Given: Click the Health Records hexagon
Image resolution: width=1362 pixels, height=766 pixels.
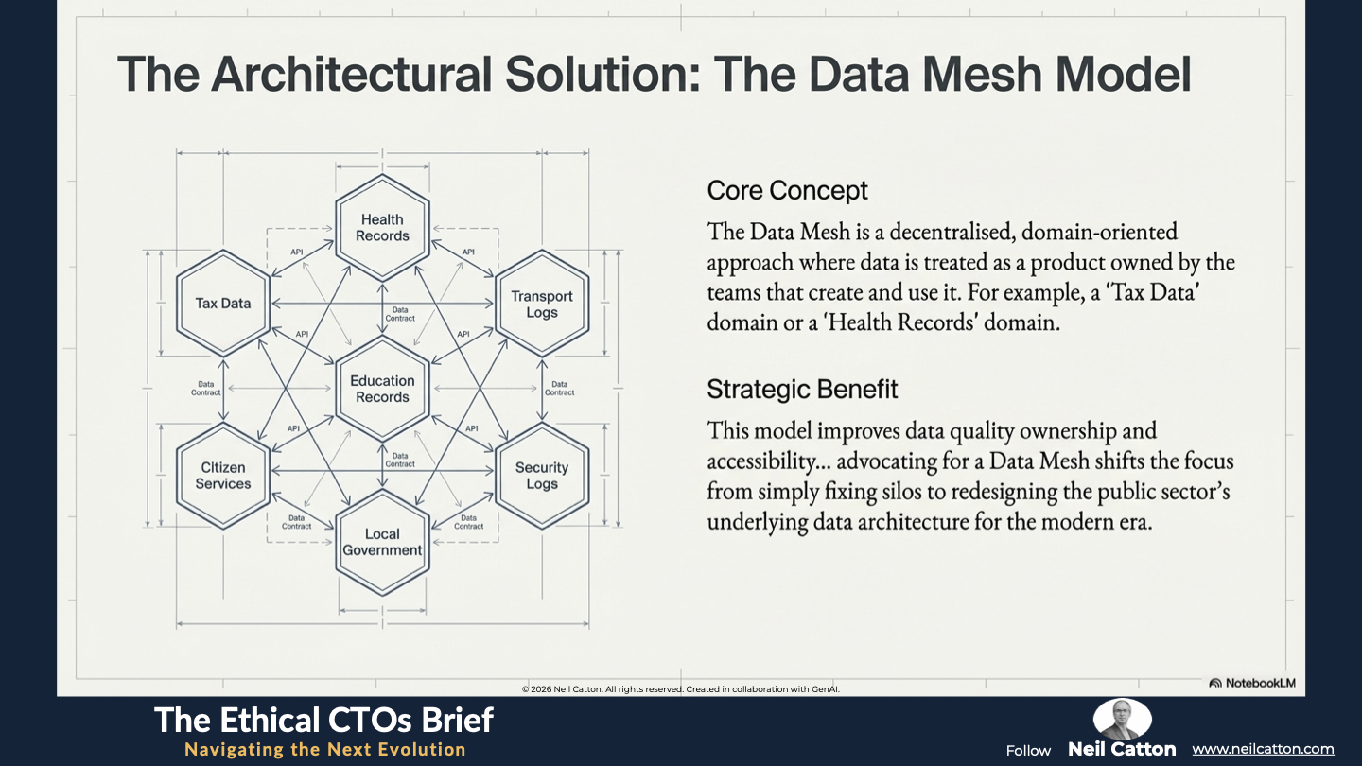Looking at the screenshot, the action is click(382, 228).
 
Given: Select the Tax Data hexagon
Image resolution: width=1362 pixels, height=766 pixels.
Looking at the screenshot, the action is click(223, 303).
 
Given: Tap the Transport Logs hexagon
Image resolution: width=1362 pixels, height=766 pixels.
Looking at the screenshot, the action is click(542, 304).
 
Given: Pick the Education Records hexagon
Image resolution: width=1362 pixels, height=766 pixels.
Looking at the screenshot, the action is click(382, 389).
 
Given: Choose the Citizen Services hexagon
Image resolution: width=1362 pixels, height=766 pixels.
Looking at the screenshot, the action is click(223, 476).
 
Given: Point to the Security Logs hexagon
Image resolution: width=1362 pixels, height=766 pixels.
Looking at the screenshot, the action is click(542, 476).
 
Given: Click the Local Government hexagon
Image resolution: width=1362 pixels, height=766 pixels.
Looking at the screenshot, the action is click(382, 542).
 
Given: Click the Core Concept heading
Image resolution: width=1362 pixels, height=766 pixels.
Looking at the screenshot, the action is click(787, 190).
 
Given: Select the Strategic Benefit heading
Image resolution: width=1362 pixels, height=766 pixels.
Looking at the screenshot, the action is click(802, 389).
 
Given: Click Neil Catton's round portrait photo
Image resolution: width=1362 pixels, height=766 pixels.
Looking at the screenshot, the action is click(1122, 718).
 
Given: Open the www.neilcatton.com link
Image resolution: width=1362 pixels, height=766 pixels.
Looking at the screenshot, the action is click(1263, 749).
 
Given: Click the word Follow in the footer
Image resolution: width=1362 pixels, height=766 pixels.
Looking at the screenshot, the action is click(1028, 750).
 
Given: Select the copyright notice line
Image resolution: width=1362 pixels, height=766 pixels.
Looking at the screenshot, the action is click(680, 688).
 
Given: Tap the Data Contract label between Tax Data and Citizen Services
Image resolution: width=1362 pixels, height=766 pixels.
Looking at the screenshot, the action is click(205, 389).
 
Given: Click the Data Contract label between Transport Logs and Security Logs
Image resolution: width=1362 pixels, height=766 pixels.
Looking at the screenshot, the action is click(559, 389).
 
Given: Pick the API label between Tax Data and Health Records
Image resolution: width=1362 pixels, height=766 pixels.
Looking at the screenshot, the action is click(297, 252).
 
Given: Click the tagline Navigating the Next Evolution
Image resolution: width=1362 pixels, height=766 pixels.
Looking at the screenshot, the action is click(325, 749).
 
